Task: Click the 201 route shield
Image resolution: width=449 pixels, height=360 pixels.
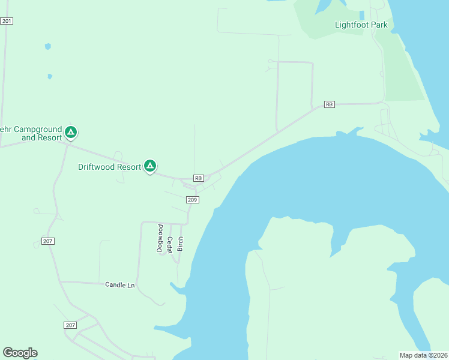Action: click(7, 21)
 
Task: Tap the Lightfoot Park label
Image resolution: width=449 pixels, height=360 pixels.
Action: click(361, 25)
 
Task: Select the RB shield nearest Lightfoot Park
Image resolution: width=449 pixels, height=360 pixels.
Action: click(329, 104)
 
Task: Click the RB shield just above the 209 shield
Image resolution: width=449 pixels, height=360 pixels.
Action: click(199, 178)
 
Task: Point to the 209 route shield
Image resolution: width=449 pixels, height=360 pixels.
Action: click(192, 200)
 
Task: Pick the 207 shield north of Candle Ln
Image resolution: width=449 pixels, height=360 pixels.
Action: click(49, 241)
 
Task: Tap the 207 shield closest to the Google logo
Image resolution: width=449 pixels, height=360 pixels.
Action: click(70, 325)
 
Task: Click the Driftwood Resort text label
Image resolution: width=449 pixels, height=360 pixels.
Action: click(109, 166)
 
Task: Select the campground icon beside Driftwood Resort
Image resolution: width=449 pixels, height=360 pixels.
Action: click(149, 166)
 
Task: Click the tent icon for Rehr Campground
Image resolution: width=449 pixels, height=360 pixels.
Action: click(71, 131)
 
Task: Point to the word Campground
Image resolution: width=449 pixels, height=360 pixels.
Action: click(38, 129)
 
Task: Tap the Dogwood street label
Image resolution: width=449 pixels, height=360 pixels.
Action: click(160, 238)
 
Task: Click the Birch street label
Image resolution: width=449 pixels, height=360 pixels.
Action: click(180, 243)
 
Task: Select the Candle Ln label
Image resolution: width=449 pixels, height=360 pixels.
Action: click(119, 285)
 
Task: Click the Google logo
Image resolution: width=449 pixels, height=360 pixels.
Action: click(20, 353)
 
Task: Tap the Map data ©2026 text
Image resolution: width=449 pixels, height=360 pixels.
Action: click(424, 355)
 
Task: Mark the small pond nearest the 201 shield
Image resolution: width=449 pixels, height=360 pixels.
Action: click(47, 46)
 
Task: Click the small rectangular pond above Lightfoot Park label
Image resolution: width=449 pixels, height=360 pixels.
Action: click(361, 15)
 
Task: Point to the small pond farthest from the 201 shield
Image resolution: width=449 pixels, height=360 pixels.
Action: click(50, 76)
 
